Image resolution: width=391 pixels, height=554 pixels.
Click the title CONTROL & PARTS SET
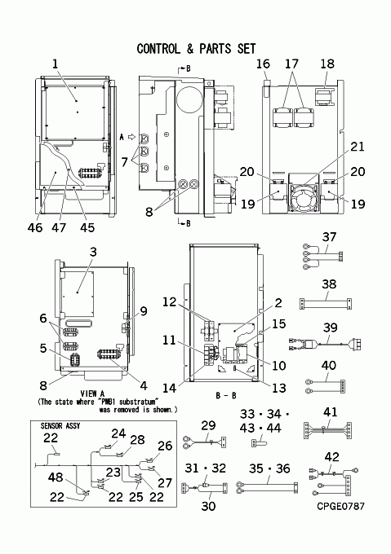(196, 49)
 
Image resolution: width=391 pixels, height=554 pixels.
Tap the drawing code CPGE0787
(340, 506)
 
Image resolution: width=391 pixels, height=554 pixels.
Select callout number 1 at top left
(55, 64)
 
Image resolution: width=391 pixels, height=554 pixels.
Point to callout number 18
(327, 64)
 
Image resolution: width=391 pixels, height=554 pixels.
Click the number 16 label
(263, 64)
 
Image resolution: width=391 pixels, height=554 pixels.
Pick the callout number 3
(93, 252)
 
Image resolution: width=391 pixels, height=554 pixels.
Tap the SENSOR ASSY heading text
(60, 426)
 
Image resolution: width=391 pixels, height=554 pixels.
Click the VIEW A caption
(92, 394)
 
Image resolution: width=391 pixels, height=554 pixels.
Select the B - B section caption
(226, 395)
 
